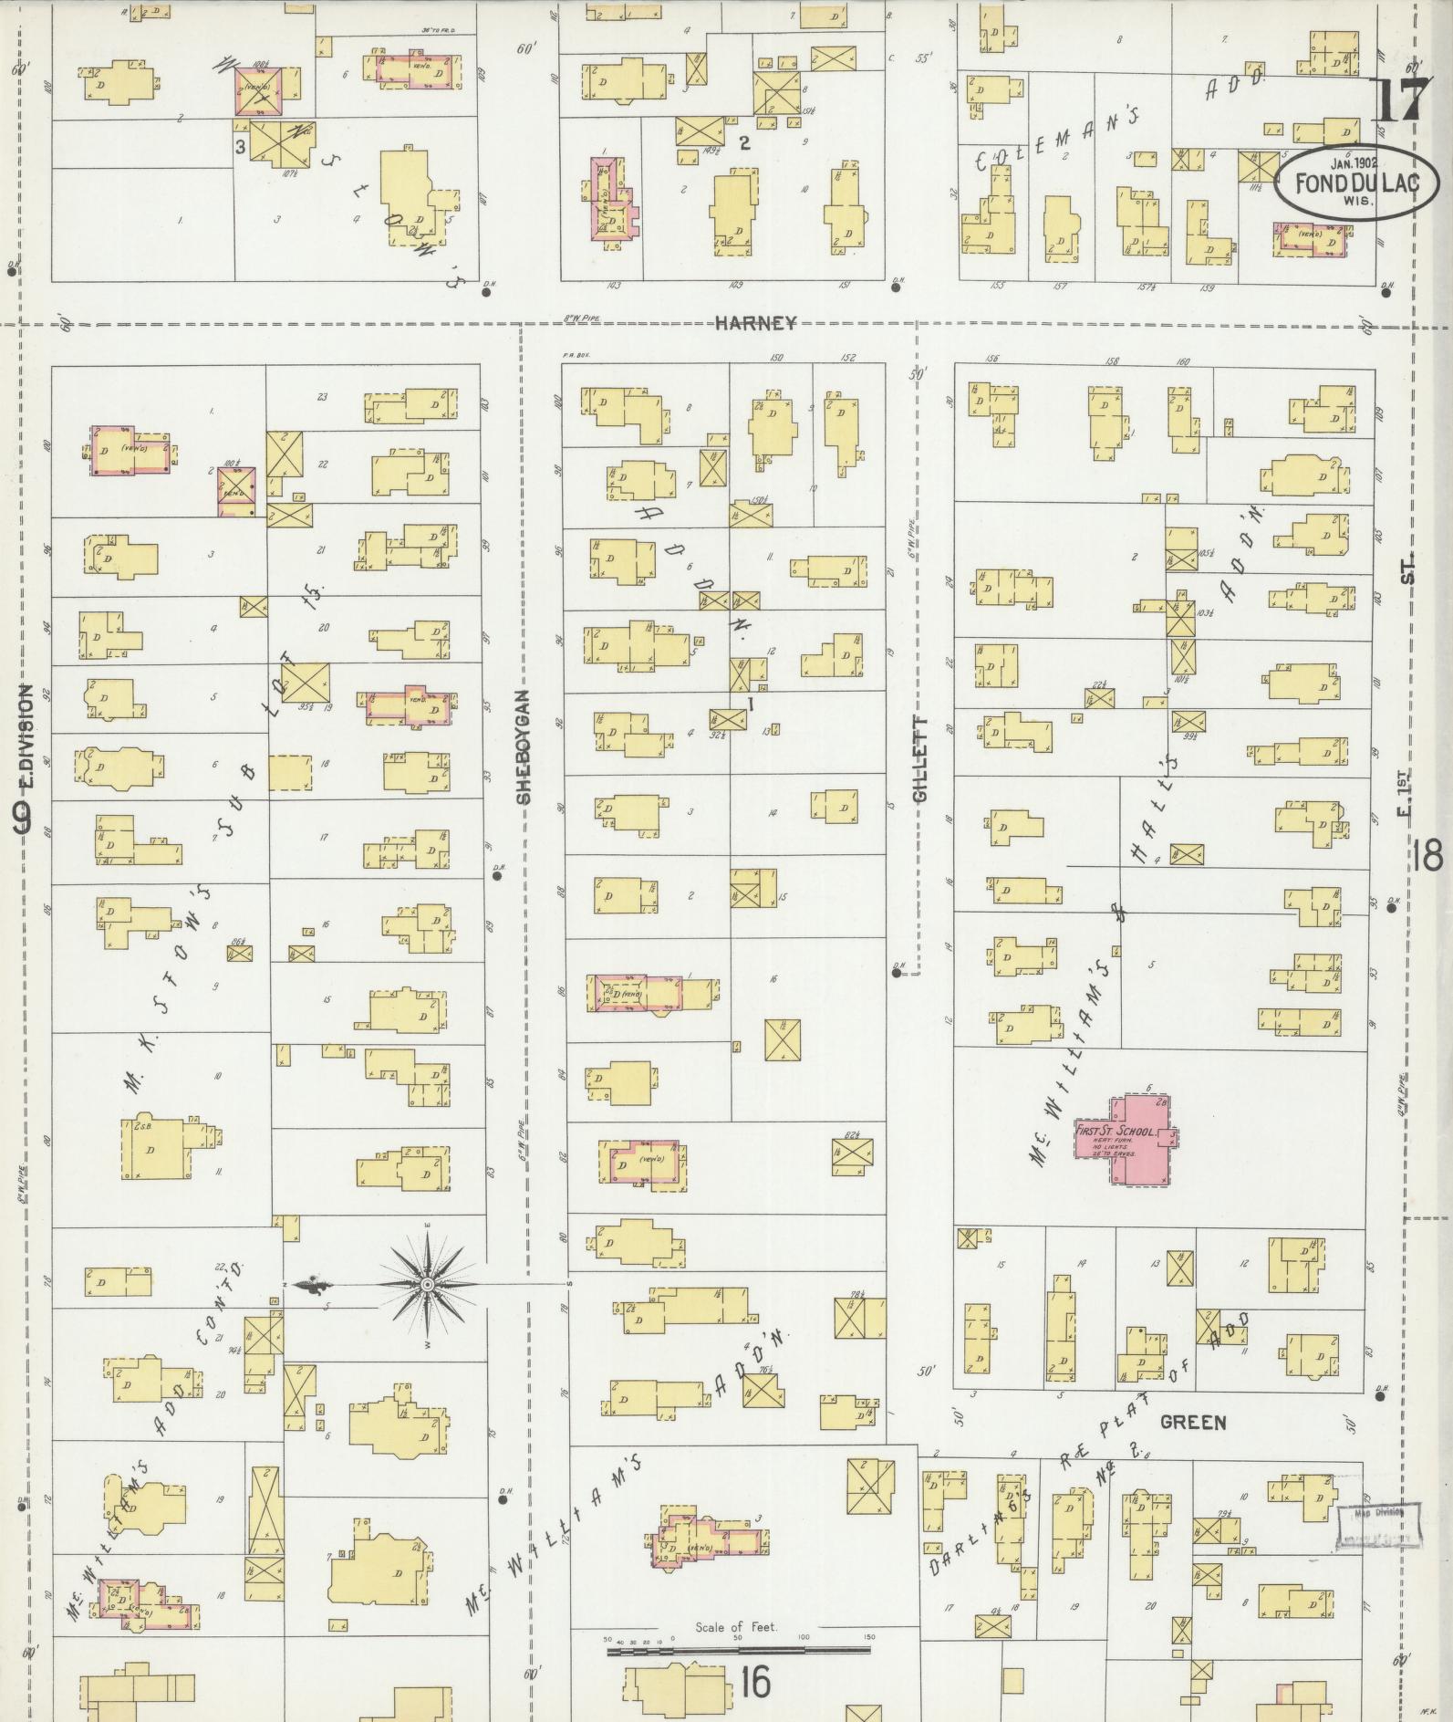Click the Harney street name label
(x=755, y=322)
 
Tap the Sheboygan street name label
(x=523, y=747)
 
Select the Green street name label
(x=1193, y=1423)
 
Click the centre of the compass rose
(x=426, y=1285)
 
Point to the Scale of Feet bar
(x=739, y=1649)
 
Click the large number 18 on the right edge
(x=1427, y=857)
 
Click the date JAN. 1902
(x=1353, y=164)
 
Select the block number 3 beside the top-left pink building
(x=240, y=146)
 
